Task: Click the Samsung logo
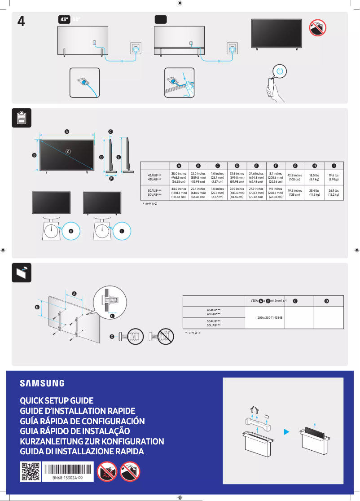(x=42, y=383)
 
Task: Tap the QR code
(x=31, y=472)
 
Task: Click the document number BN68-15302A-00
(x=67, y=479)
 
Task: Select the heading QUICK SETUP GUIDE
(x=57, y=400)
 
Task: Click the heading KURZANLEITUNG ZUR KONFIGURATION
(x=92, y=441)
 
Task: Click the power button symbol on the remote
(x=280, y=71)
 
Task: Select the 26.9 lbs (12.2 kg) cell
(x=333, y=193)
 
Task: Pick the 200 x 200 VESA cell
(x=270, y=317)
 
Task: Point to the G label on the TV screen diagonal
(x=68, y=151)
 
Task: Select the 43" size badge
(x=64, y=20)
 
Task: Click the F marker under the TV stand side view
(x=111, y=179)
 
